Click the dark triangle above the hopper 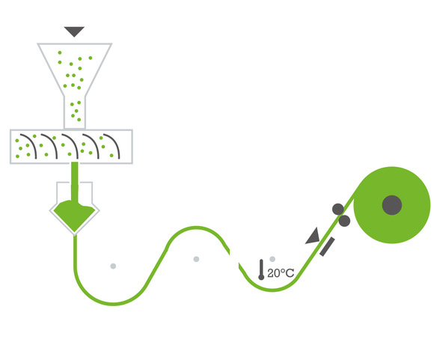pyautogui.click(x=74, y=31)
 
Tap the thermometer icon pyautogui.click(x=261, y=269)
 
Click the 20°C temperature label pyautogui.click(x=281, y=273)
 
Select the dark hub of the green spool pyautogui.click(x=391, y=205)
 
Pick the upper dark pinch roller pyautogui.click(x=338, y=209)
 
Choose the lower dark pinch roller pyautogui.click(x=345, y=221)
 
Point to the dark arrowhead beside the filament pyautogui.click(x=314, y=237)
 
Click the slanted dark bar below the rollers pyautogui.click(x=327, y=246)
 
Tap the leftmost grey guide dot pyautogui.click(x=113, y=266)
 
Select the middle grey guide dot pyautogui.click(x=196, y=259)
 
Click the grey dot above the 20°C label pyautogui.click(x=272, y=259)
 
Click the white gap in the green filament pyautogui.click(x=234, y=257)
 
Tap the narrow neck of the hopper pyautogui.click(x=75, y=112)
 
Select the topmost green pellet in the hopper pyautogui.click(x=60, y=52)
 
